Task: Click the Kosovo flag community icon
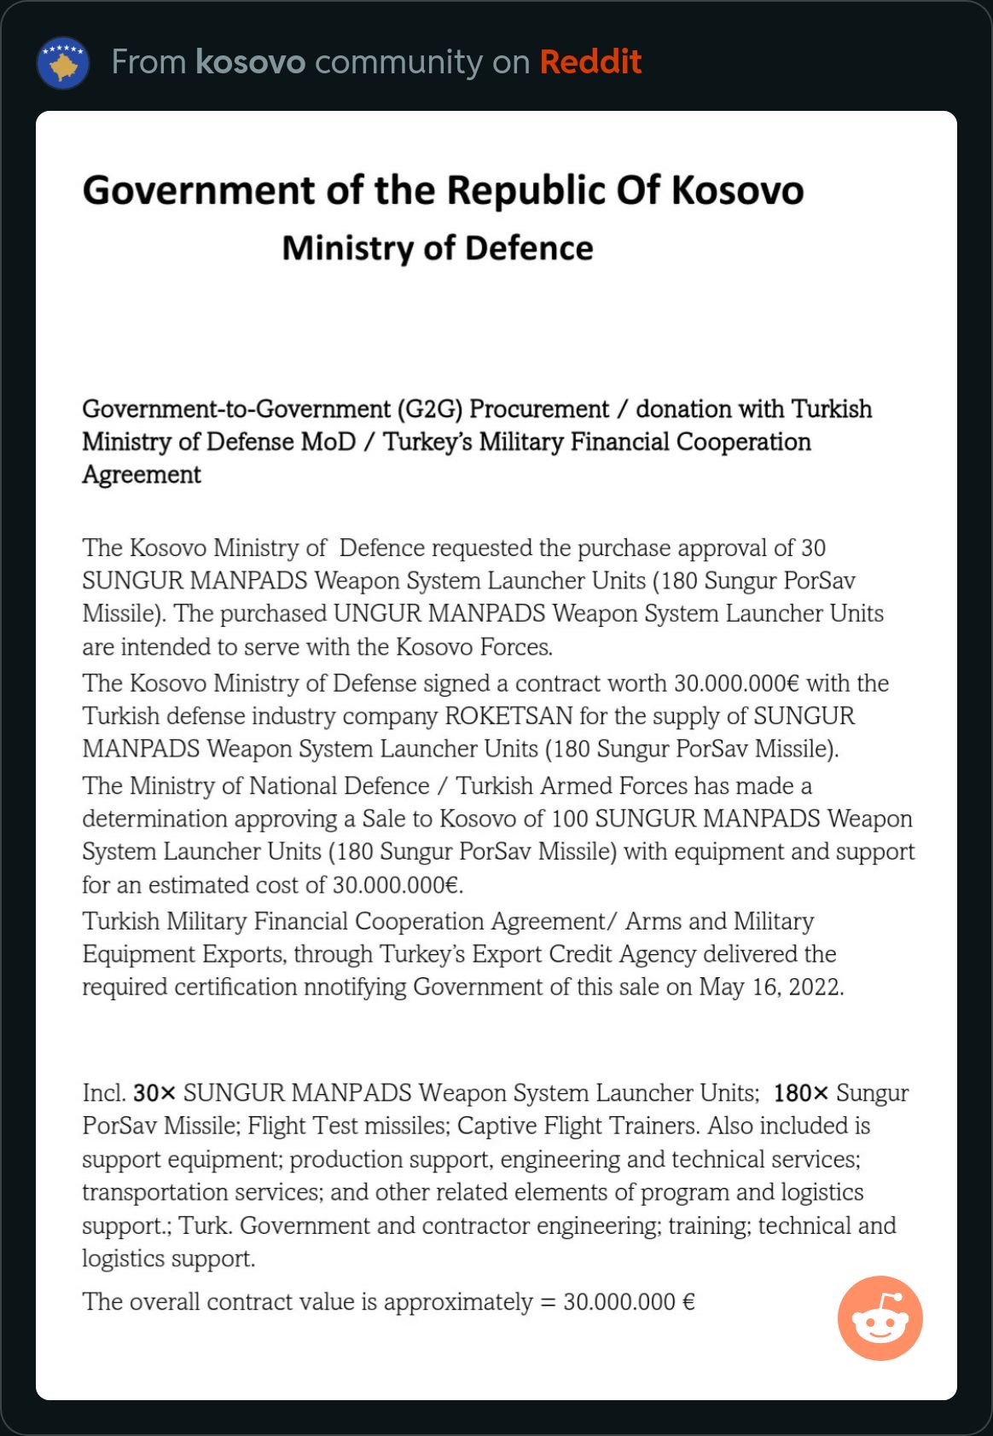coord(63,63)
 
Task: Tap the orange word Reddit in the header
coord(590,62)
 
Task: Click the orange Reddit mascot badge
coord(880,1318)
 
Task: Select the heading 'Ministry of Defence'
coord(438,248)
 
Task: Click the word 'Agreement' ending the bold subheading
coord(142,475)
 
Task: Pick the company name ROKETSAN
coord(508,716)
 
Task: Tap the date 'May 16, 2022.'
coord(771,987)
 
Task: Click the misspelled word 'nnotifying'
coord(355,987)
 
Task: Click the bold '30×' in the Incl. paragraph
coord(154,1093)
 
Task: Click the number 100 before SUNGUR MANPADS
coord(569,819)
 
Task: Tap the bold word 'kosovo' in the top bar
coord(250,62)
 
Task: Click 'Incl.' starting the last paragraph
coord(104,1093)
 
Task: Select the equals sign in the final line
coord(548,1302)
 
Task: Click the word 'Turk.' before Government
coord(205,1226)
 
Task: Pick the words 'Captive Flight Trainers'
coord(578,1126)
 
